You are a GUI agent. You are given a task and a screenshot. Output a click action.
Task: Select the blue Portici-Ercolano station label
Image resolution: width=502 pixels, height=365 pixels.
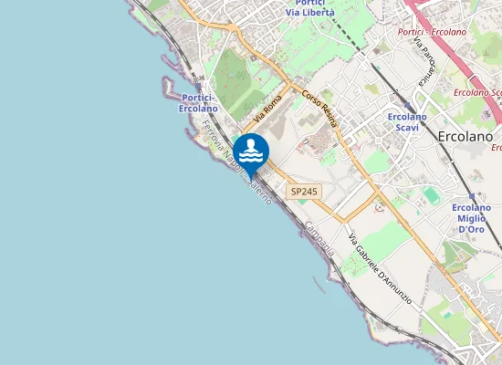pos(198,103)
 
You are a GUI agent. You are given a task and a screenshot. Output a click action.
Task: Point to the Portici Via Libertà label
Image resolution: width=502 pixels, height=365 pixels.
pos(309,7)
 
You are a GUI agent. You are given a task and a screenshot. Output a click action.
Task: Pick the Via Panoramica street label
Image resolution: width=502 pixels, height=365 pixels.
pos(423,62)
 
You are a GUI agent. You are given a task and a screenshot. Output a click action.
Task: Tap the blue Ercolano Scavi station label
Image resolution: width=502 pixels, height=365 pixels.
pos(407,122)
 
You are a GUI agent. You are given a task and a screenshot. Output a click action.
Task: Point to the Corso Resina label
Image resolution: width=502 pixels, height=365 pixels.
pos(320,109)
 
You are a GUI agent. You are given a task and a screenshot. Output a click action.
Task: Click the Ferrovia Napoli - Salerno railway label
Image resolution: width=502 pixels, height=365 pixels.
pos(235,166)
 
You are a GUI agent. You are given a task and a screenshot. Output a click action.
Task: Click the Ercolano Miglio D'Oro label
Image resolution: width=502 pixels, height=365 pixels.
pos(472,218)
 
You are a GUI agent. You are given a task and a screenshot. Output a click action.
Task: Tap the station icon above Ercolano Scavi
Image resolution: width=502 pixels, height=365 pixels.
pos(408,105)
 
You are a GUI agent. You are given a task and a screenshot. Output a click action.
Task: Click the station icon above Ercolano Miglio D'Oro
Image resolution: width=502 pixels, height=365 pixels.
pos(472,196)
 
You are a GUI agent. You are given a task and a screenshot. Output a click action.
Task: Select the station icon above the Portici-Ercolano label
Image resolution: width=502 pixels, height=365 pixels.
pos(198,87)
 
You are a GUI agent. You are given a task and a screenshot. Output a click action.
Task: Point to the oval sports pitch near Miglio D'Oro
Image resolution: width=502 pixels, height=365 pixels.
pos(432,195)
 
